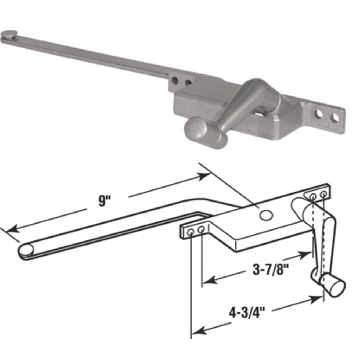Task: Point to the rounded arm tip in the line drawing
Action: click(25, 251)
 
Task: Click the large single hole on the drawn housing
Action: click(265, 215)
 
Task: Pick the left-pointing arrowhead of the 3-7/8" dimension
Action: click(206, 281)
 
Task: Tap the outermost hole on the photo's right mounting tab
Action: click(335, 118)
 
